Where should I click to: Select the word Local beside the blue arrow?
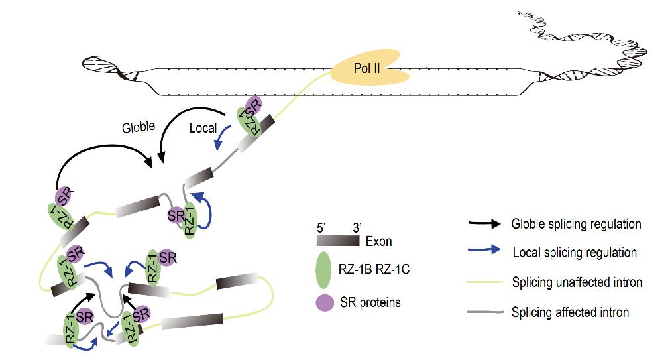pyautogui.click(x=203, y=127)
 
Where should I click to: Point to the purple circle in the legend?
pyautogui.click(x=323, y=302)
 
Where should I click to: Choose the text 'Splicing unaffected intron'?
pyautogui.click(x=577, y=282)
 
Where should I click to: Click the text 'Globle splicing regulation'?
pyautogui.click(x=576, y=224)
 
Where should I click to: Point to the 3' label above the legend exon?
pyautogui.click(x=355, y=227)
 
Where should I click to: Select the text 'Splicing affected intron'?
pyautogui.click(x=571, y=311)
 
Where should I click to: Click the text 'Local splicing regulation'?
pyautogui.click(x=575, y=253)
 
